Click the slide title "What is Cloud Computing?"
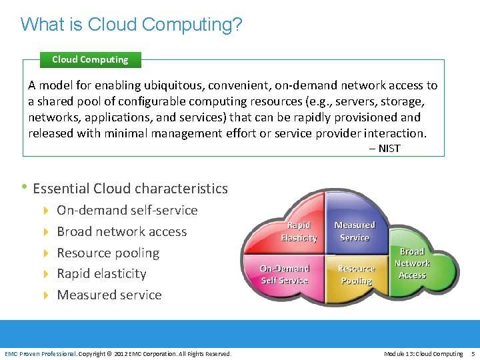(x=131, y=25)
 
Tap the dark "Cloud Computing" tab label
(x=90, y=59)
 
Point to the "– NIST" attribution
(x=385, y=148)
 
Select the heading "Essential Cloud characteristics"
(x=130, y=189)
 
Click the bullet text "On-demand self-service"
(x=127, y=210)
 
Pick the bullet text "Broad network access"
(x=122, y=231)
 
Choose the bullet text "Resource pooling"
(x=108, y=253)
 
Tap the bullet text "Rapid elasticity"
(x=101, y=273)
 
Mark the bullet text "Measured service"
(x=109, y=295)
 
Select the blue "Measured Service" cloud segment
(x=354, y=231)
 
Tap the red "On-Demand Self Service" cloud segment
(x=285, y=274)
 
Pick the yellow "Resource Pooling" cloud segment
(x=356, y=274)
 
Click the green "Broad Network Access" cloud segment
(x=412, y=263)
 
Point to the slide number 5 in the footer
(x=473, y=353)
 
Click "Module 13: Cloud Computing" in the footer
(x=423, y=353)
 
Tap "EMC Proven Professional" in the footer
(x=41, y=353)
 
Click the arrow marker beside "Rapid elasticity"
(x=46, y=274)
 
